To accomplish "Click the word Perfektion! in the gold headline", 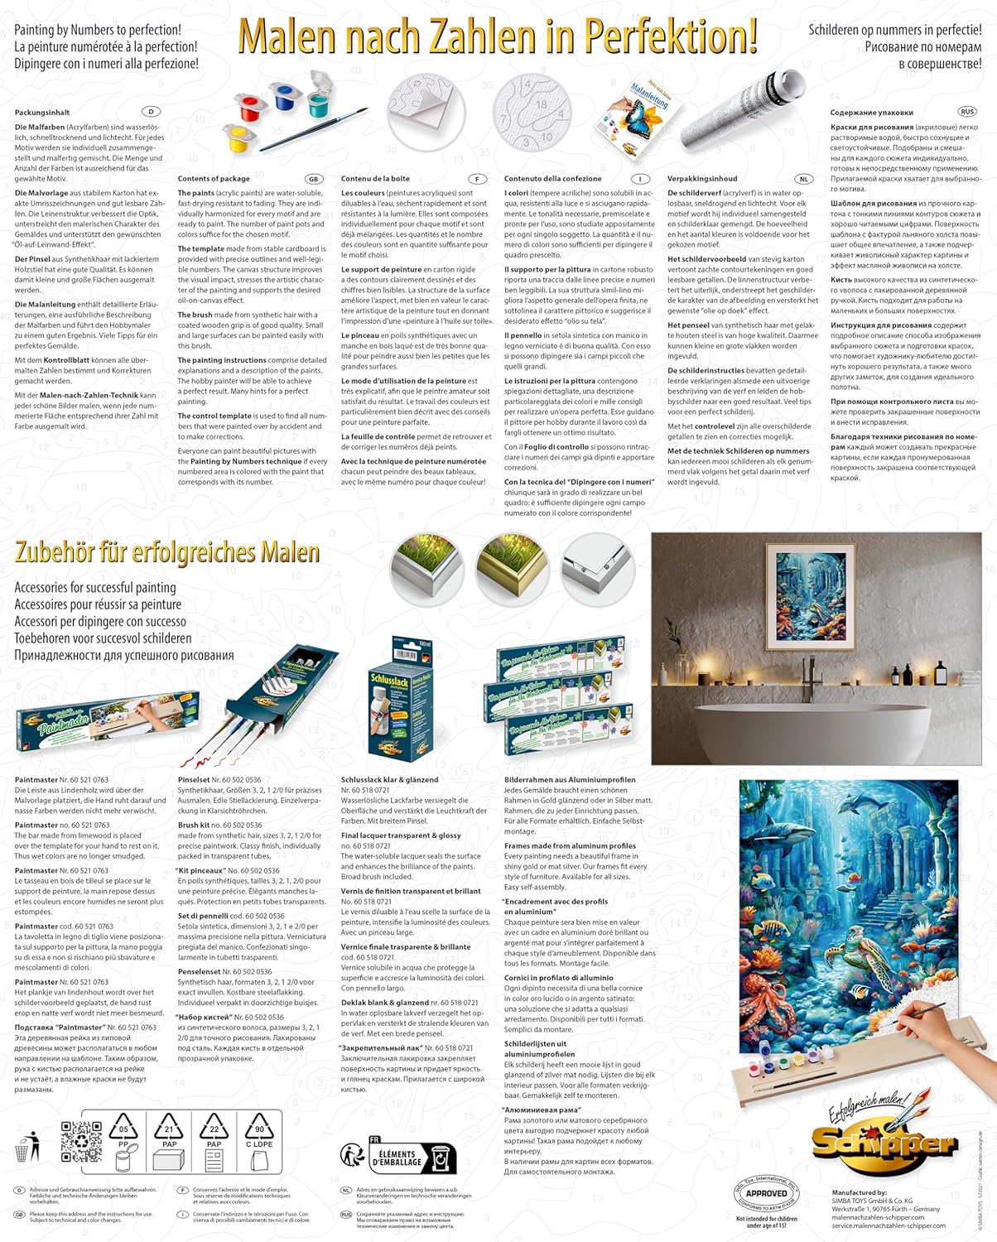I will click(670, 36).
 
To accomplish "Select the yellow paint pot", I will click(238, 137).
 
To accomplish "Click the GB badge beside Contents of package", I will click(313, 179).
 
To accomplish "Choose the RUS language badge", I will click(966, 112).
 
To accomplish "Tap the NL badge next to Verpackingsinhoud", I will click(803, 179).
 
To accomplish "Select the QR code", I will click(81, 1139).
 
